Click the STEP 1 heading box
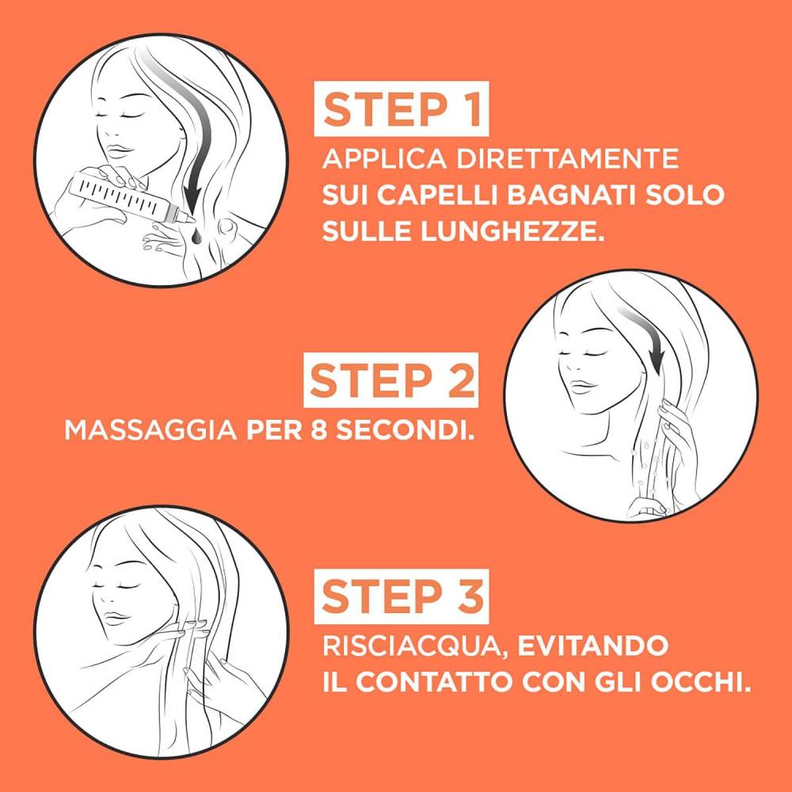[402, 109]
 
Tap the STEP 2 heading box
[390, 380]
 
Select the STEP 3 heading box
[402, 596]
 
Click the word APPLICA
[385, 158]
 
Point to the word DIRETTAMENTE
[567, 158]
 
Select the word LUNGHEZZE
[512, 231]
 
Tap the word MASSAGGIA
[150, 430]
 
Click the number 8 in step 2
[318, 430]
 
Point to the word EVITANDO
[593, 646]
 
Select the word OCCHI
[698, 683]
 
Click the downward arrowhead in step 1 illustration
[192, 197]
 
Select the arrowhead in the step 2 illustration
[657, 363]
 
